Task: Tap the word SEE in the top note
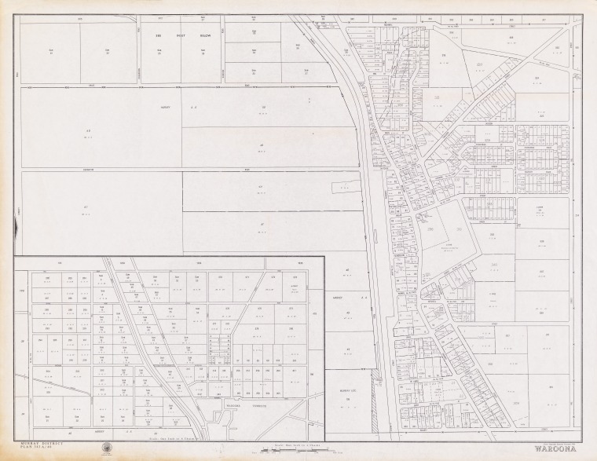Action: (158, 35)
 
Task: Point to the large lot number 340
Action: (495, 265)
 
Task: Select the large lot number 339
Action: (495, 295)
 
